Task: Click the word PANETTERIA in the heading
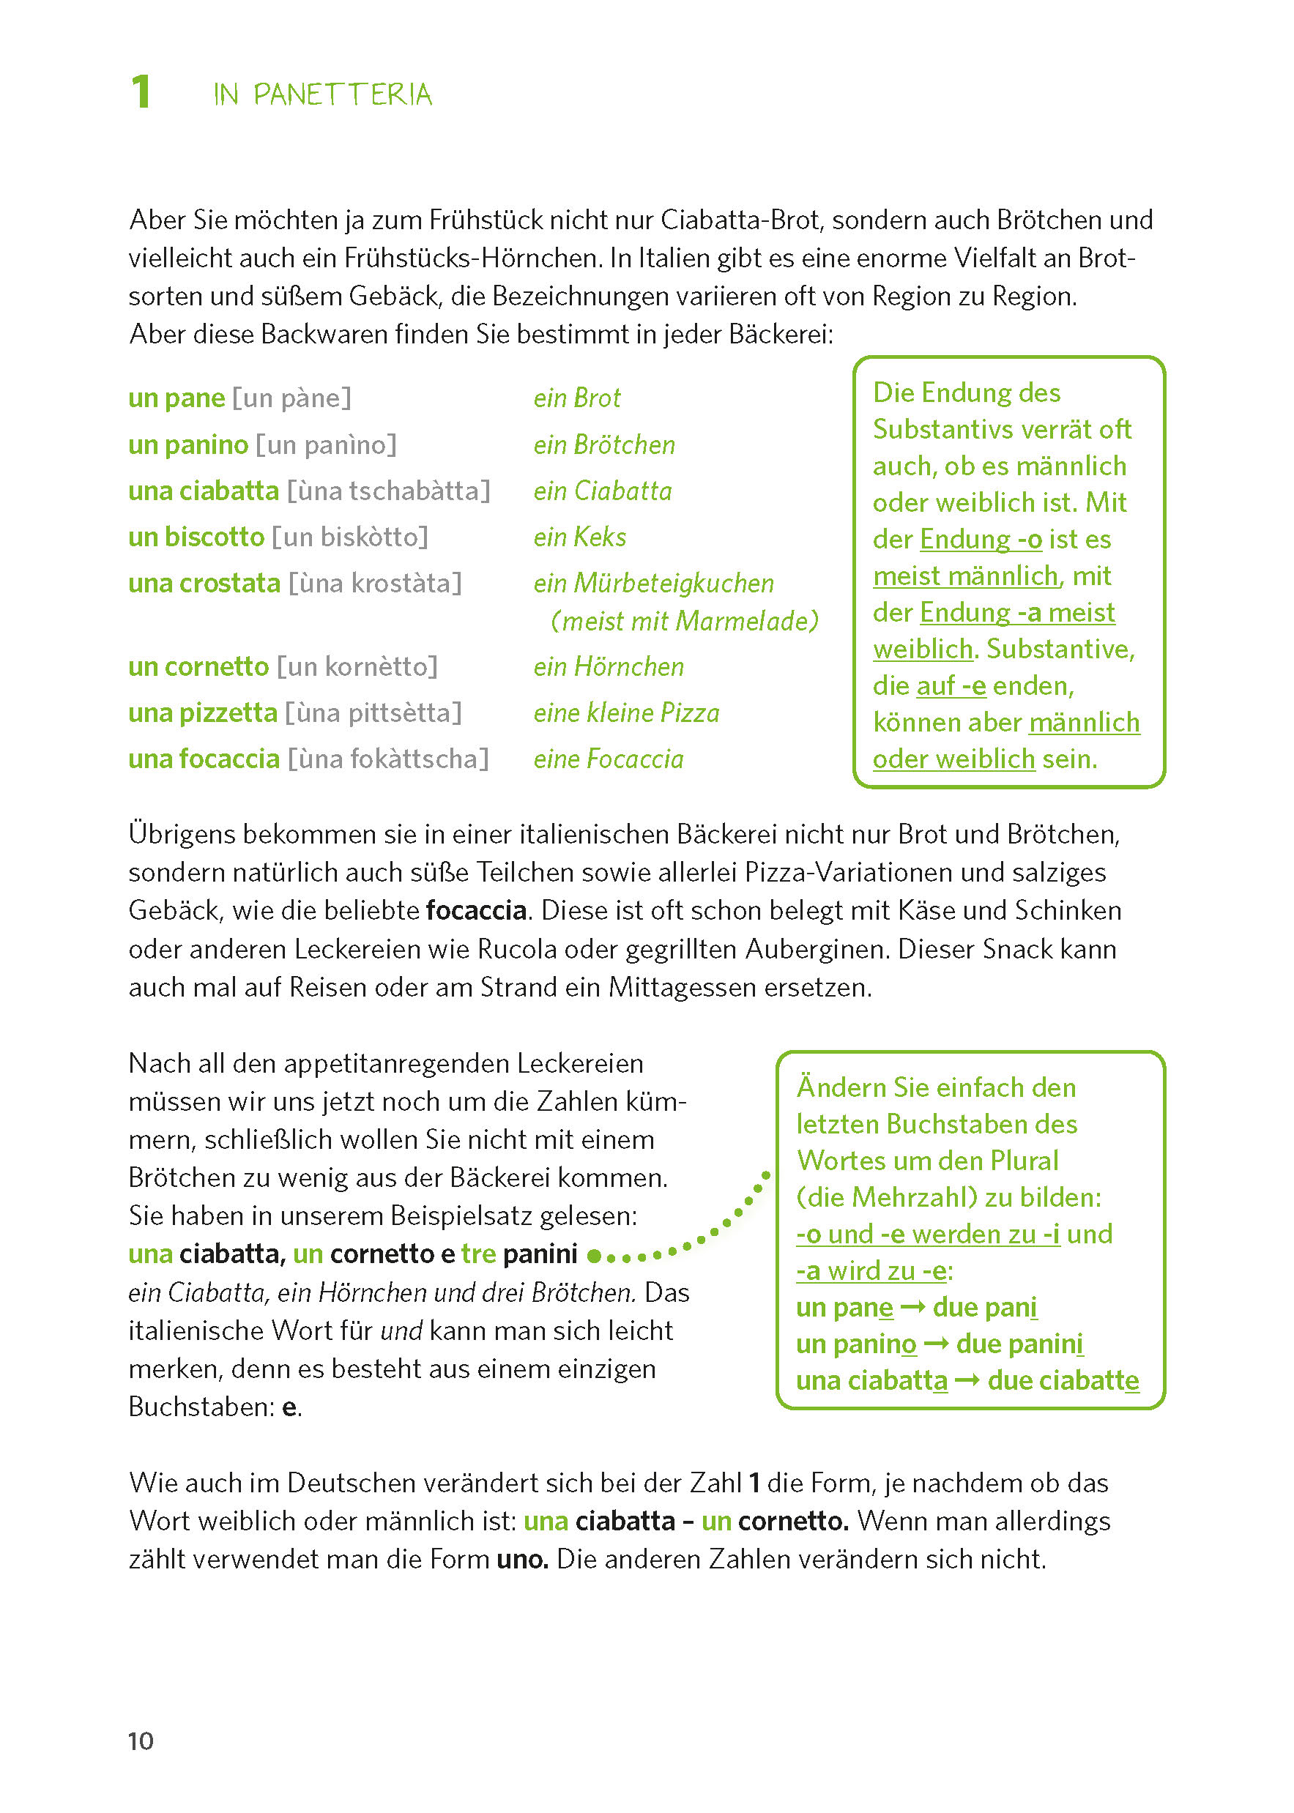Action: [343, 94]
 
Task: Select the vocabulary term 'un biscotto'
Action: [196, 537]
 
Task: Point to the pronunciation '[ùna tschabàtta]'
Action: [388, 491]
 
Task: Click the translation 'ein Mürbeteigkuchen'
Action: [653, 583]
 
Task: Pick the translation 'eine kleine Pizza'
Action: [626, 712]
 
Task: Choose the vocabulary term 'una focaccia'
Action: [204, 759]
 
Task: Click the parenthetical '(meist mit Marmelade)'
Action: [685, 620]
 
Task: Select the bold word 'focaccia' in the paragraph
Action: [477, 909]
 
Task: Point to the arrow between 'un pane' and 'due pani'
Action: [912, 1307]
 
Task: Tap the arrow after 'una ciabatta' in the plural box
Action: [967, 1380]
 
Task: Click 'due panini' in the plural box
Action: [1019, 1344]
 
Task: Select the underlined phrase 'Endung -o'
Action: [981, 539]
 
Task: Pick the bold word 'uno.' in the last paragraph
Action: [522, 1558]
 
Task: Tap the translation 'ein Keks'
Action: [579, 537]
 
